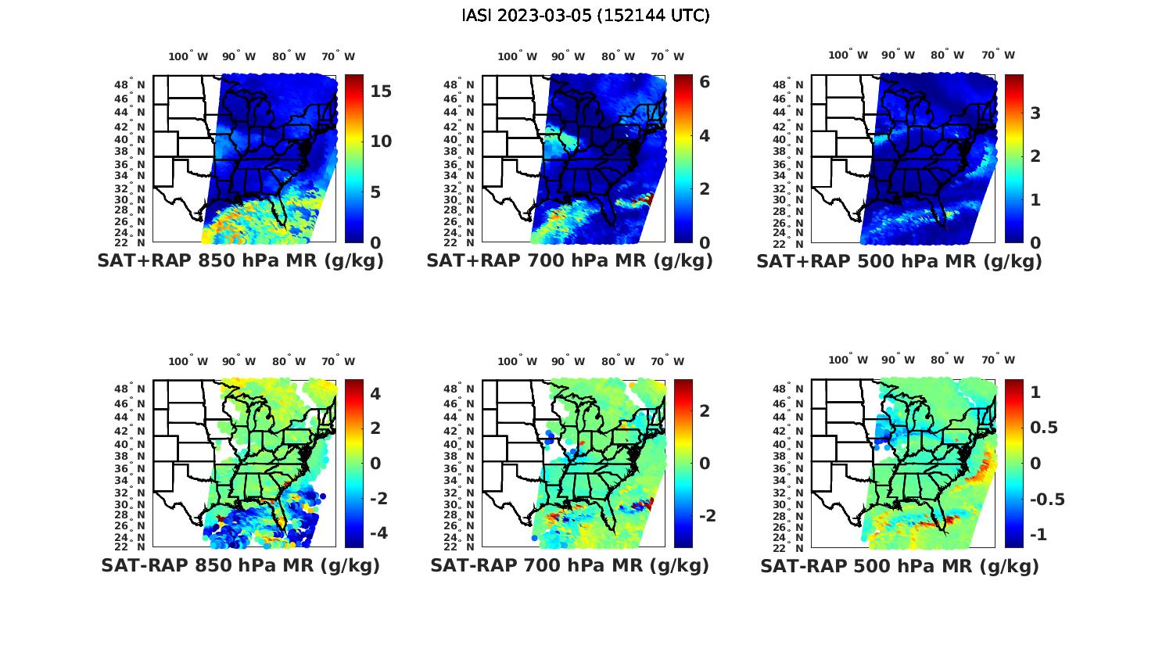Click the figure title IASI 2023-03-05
tap(586, 16)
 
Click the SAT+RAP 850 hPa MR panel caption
tap(240, 261)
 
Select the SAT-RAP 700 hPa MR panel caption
tap(569, 565)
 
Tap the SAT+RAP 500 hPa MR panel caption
tap(899, 261)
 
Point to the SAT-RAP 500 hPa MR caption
tap(899, 565)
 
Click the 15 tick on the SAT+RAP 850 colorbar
tap(381, 91)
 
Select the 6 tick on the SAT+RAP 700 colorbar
tap(704, 81)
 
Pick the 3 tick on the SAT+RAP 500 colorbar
tap(1035, 113)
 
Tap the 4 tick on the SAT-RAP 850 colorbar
tap(375, 393)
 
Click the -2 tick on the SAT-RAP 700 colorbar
tap(706, 516)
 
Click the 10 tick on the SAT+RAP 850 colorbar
tap(381, 142)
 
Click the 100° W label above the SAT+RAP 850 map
tap(188, 56)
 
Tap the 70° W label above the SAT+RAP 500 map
tap(998, 55)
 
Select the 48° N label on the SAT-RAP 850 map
tap(130, 389)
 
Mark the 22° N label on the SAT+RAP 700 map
tap(460, 242)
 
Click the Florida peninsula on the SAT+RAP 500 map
tap(944, 220)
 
